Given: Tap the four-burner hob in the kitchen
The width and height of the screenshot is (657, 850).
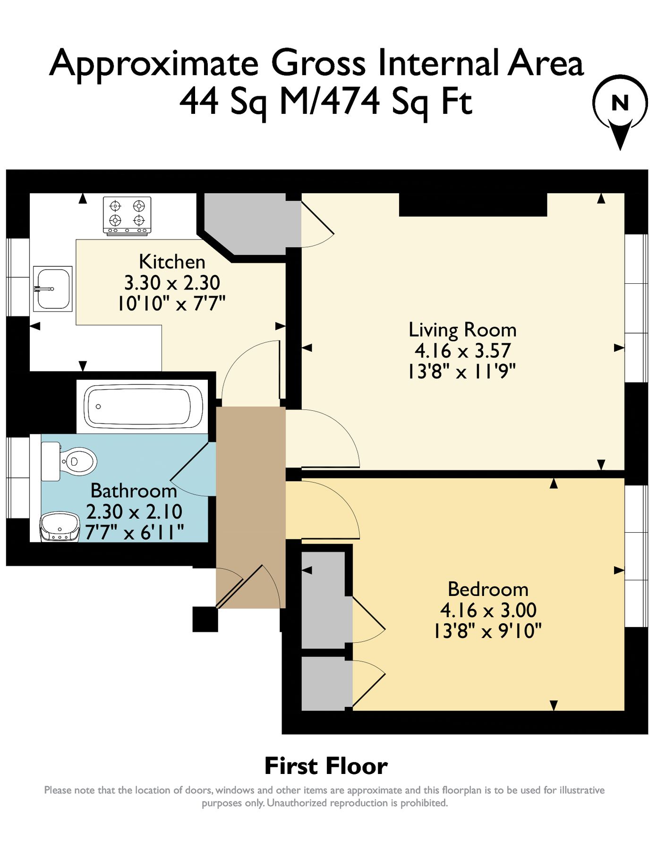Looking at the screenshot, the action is (x=127, y=216).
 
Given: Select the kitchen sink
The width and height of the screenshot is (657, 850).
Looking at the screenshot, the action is (x=53, y=289).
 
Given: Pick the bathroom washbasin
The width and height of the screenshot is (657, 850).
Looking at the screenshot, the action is (x=60, y=527).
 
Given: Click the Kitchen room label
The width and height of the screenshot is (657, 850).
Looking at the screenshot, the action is (x=172, y=262).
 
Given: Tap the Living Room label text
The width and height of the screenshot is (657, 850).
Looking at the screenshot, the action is (x=462, y=330).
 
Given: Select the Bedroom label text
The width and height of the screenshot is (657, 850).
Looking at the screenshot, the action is (x=488, y=589).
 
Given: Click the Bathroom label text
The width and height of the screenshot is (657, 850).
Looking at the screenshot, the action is (x=134, y=491).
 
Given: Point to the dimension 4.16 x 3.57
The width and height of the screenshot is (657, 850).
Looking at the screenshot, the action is (x=462, y=351).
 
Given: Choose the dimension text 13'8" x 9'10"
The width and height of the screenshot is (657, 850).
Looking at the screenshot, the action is (x=487, y=630).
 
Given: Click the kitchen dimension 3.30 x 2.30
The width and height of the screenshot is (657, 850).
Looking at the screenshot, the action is (x=172, y=283).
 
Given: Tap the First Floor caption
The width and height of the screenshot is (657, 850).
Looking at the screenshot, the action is (x=326, y=765).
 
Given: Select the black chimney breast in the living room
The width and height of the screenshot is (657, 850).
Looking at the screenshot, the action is (x=473, y=204).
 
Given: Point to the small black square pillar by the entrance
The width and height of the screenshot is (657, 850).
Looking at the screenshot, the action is (x=205, y=619).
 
